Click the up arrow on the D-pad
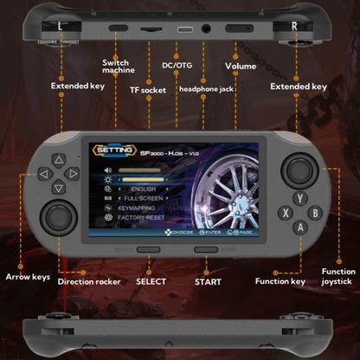click(58, 160)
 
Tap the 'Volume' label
click(241, 66)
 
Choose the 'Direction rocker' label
click(89, 282)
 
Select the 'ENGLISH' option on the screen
click(146, 189)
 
